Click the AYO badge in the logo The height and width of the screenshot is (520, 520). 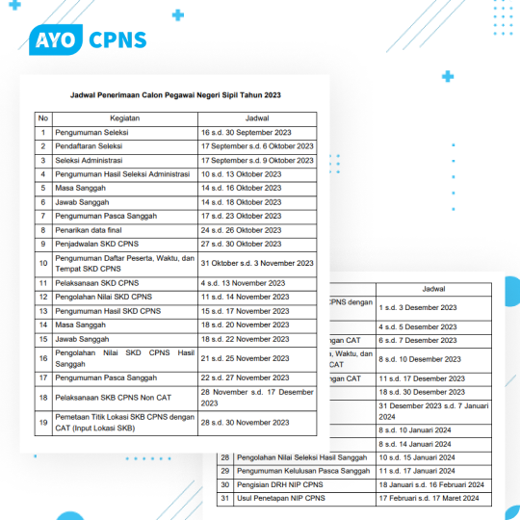pos(56,40)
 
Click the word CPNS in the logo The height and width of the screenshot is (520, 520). pos(117,40)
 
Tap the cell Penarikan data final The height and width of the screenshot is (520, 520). pos(91,231)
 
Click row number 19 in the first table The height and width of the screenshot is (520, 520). pos(43,422)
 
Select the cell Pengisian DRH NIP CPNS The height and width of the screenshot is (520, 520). pos(288,484)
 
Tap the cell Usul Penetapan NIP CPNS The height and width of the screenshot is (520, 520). pos(288,498)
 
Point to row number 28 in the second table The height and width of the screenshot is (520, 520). pos(225,456)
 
